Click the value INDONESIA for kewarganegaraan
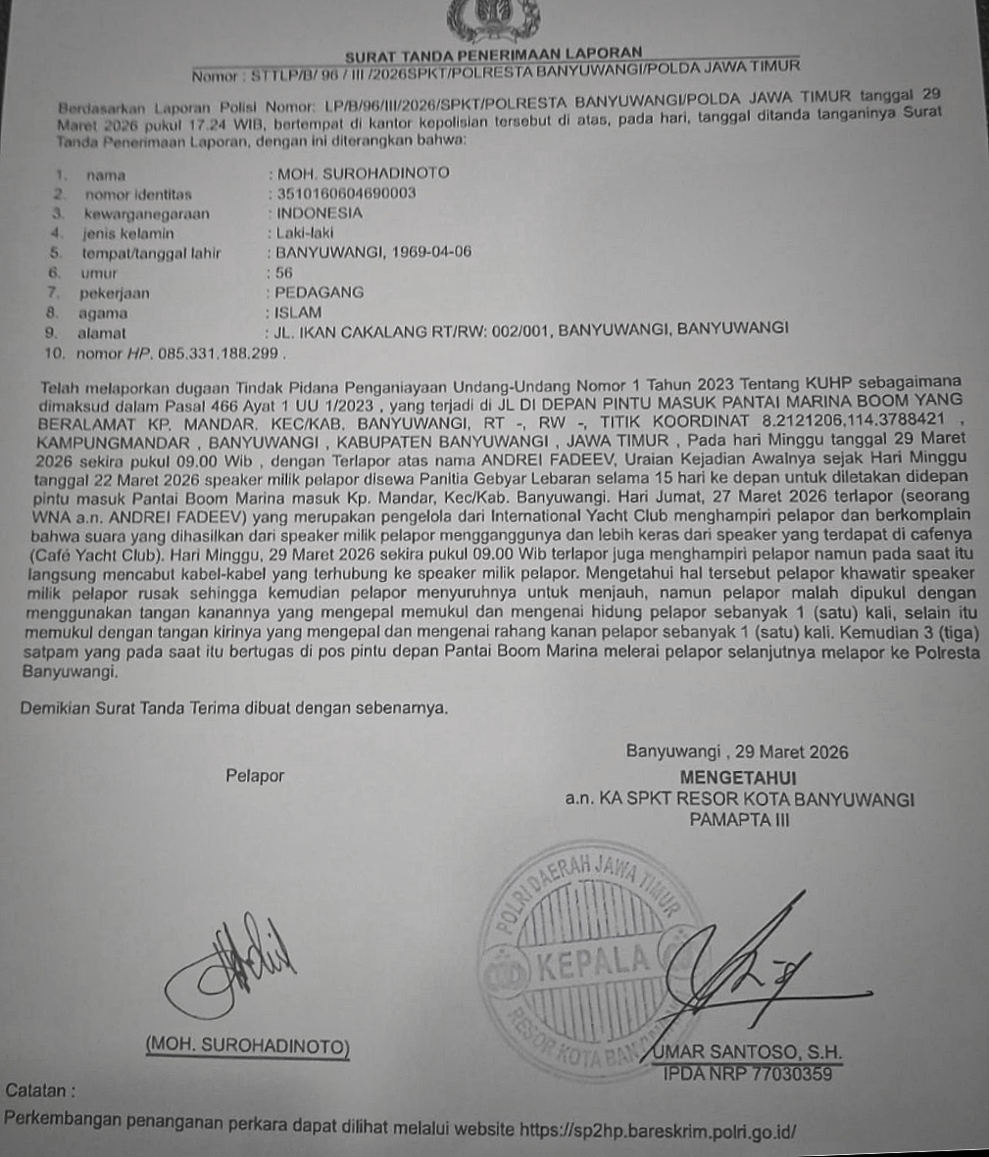(x=320, y=213)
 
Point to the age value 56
(x=284, y=272)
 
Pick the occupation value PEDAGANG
(x=320, y=292)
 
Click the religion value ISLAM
(x=299, y=313)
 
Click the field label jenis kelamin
(x=128, y=233)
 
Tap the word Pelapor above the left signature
(x=255, y=776)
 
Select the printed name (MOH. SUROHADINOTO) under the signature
(x=246, y=1046)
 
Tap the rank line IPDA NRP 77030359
(x=748, y=1074)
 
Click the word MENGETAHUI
(x=744, y=777)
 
